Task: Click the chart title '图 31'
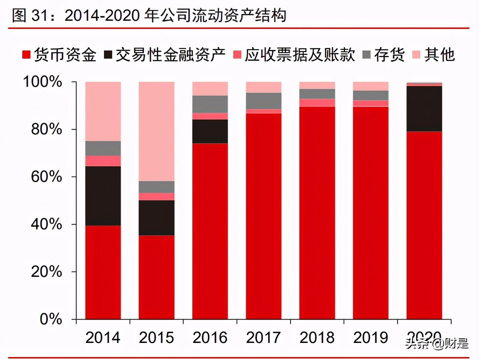point(149,16)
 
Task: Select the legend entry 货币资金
point(59,55)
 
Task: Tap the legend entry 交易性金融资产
point(165,55)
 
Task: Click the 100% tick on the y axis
point(43,82)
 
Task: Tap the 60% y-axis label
point(46,177)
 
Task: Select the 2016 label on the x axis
point(210,338)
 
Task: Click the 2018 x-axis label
point(317,338)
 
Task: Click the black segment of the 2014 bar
point(103,196)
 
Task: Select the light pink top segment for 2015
point(156,131)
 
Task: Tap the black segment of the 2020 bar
point(424,109)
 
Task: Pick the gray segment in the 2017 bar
point(263,101)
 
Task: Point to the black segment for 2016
point(210,131)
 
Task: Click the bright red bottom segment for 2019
point(370,213)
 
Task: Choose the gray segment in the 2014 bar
point(103,148)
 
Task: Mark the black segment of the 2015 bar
point(156,218)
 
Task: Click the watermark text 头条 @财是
point(437,343)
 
